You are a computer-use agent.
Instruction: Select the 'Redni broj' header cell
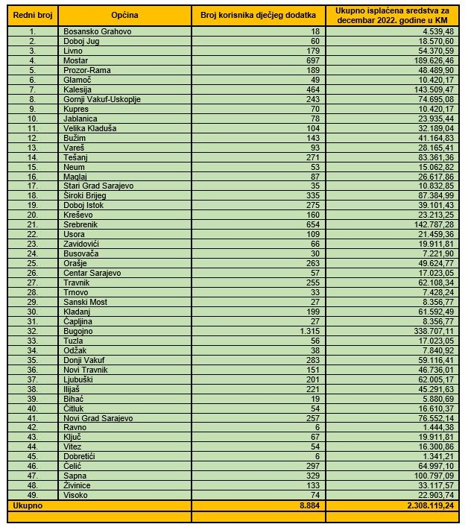[32, 15]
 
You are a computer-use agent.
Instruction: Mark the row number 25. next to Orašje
[32, 264]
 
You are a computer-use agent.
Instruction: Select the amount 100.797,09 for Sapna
[432, 475]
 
